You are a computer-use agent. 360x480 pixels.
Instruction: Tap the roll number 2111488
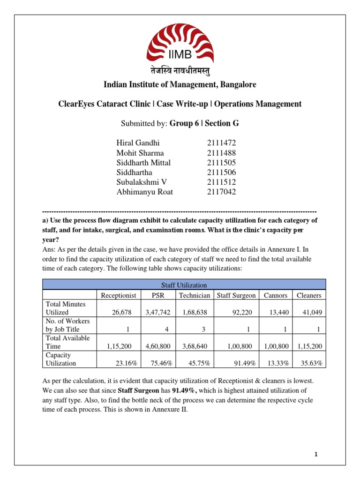pos(222,153)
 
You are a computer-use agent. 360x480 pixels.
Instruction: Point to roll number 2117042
pos(222,192)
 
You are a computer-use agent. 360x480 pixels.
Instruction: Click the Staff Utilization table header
pos(184,285)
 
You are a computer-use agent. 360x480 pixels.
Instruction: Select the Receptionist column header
pos(119,295)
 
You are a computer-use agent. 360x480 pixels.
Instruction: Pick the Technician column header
pos(194,295)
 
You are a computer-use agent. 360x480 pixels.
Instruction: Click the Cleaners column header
pos(309,295)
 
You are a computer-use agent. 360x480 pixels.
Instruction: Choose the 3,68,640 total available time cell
pos(194,346)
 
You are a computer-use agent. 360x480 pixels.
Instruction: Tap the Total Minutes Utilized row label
pos(65,308)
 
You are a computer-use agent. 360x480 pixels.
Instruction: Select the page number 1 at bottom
pos(316,454)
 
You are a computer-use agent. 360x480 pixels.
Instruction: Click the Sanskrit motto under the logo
pos(180,71)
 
